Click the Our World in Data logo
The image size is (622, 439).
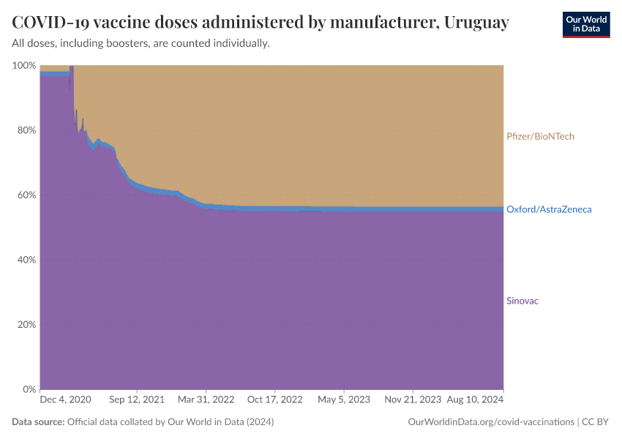pyautogui.click(x=585, y=24)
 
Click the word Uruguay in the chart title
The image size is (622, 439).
pyautogui.click(x=476, y=23)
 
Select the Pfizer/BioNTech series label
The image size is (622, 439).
pyautogui.click(x=540, y=136)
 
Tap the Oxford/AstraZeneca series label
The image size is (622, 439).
pyautogui.click(x=549, y=209)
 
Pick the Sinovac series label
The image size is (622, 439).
pyautogui.click(x=522, y=301)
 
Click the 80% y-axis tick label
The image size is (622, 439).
pyautogui.click(x=26, y=130)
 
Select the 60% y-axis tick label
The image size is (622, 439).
pyautogui.click(x=26, y=195)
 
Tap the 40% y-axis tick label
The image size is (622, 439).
pyautogui.click(x=26, y=260)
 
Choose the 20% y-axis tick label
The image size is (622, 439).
pyautogui.click(x=26, y=324)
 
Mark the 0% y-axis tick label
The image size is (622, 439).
pyautogui.click(x=29, y=389)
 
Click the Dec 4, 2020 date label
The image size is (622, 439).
pyautogui.click(x=65, y=400)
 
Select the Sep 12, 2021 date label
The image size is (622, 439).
pyautogui.click(x=137, y=400)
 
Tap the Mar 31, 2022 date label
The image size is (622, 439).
pyautogui.click(x=207, y=400)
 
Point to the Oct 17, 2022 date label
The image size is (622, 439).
pyautogui.click(x=275, y=400)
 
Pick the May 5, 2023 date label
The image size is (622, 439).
pyautogui.click(x=344, y=400)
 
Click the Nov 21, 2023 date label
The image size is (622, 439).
pyautogui.click(x=412, y=400)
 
